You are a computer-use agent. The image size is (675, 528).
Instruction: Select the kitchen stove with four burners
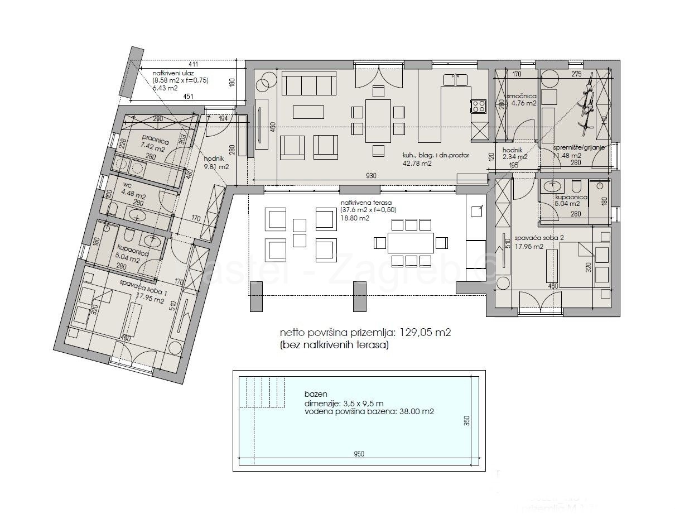[479, 105]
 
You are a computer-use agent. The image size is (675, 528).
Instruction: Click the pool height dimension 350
[467, 421]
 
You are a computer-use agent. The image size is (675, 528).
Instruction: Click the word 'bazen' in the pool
[315, 393]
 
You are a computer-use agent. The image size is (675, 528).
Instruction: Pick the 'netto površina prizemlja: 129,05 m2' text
[365, 333]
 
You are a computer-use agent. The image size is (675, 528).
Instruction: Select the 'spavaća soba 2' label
[543, 238]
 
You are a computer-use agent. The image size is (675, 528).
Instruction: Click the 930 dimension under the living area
[371, 176]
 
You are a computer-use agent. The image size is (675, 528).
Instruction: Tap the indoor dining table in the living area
[378, 120]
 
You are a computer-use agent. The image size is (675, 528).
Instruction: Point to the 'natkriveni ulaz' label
[175, 73]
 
